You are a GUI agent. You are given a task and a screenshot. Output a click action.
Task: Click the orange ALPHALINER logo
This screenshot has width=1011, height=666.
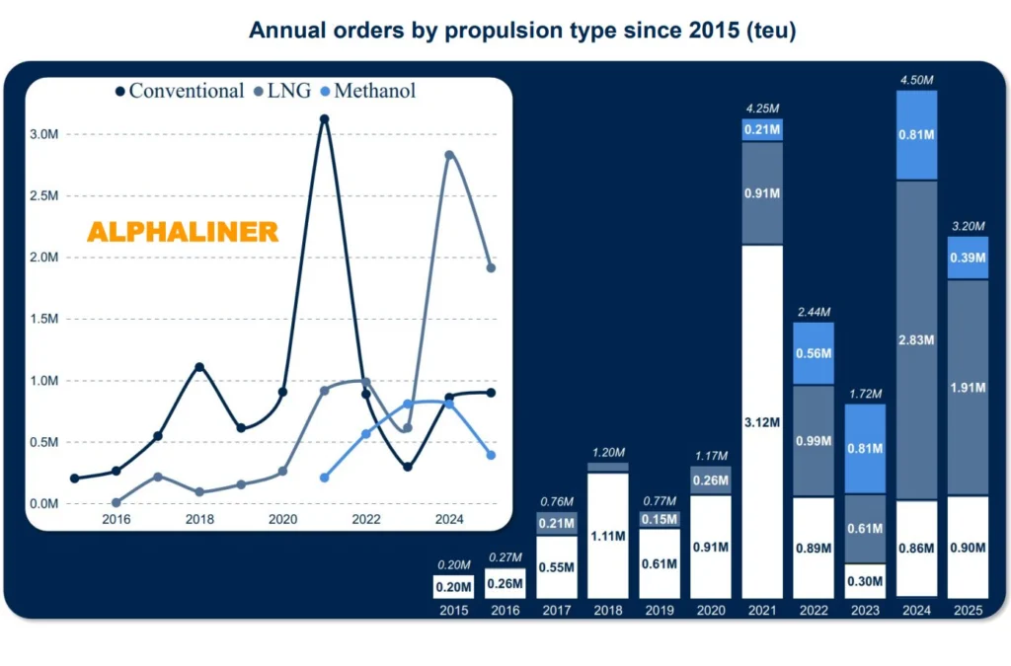click(x=183, y=232)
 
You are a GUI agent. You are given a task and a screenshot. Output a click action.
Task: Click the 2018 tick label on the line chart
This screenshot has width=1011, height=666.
click(x=199, y=518)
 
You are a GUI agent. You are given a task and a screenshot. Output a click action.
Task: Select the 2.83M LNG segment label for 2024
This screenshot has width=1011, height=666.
click(x=915, y=340)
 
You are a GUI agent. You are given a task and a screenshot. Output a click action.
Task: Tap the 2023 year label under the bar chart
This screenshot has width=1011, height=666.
click(x=864, y=611)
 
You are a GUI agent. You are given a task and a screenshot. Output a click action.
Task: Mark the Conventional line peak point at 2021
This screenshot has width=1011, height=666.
click(x=324, y=119)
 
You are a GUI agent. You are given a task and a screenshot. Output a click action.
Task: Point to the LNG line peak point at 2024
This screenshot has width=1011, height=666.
click(x=449, y=155)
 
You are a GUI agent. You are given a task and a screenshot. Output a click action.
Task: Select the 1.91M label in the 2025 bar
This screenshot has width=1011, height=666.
click(x=967, y=388)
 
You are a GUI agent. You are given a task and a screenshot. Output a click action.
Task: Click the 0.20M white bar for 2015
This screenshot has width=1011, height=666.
click(x=453, y=586)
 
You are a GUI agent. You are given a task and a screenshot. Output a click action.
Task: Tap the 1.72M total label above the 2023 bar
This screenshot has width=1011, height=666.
click(x=864, y=395)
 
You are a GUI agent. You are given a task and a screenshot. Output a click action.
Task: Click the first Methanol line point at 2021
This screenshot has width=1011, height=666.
click(x=324, y=478)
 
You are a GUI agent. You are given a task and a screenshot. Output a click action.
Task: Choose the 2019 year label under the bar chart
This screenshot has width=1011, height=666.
click(x=659, y=611)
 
